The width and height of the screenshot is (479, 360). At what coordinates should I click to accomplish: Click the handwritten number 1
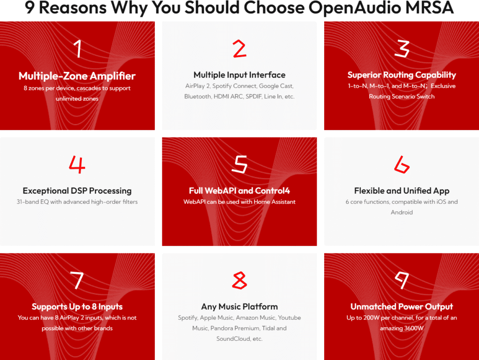click(x=78, y=49)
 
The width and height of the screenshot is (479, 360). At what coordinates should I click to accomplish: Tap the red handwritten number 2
click(x=239, y=49)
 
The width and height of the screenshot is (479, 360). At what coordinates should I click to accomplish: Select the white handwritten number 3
click(x=402, y=49)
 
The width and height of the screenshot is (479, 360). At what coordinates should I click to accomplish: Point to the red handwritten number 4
click(x=77, y=164)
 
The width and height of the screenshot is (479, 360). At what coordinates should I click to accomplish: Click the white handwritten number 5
click(x=239, y=164)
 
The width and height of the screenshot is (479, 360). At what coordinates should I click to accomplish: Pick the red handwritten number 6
click(x=401, y=164)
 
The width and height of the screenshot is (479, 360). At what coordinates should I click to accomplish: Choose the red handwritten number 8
click(x=239, y=280)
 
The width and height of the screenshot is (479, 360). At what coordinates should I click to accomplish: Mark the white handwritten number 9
click(x=401, y=280)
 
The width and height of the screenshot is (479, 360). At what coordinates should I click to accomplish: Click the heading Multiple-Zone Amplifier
click(x=77, y=76)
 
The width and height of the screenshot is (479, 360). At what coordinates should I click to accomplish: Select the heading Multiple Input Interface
click(x=239, y=75)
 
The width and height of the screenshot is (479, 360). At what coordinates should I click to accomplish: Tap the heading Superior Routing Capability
click(x=402, y=75)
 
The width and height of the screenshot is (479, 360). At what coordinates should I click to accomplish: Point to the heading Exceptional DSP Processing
click(x=77, y=191)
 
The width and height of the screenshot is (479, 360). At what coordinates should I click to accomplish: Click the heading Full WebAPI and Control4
click(x=239, y=191)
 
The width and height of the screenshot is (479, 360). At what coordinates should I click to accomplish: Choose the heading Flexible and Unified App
click(x=402, y=191)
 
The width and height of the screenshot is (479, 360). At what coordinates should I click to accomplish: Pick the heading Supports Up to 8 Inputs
click(x=77, y=307)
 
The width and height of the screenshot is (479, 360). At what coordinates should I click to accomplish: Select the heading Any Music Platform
click(x=239, y=307)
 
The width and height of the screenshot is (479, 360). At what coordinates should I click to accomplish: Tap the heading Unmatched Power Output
click(x=402, y=307)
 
